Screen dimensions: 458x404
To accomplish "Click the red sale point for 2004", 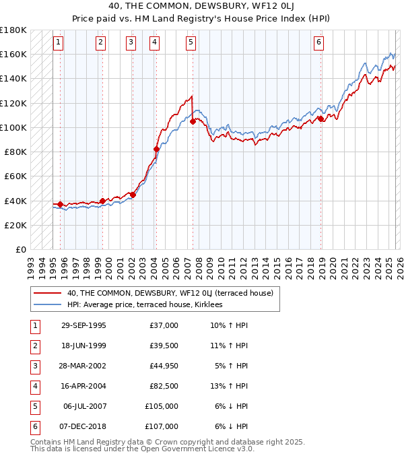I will pos(157,149).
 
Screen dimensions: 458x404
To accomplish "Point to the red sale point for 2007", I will pos(193,122).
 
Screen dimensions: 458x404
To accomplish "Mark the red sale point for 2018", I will pos(321,119).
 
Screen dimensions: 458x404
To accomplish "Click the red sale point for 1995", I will pos(61,204).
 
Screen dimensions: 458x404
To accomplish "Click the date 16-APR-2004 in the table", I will pos(83,387).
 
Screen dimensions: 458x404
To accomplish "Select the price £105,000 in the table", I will pos(162,406).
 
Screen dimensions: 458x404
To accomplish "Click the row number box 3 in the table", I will pos(33,366).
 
